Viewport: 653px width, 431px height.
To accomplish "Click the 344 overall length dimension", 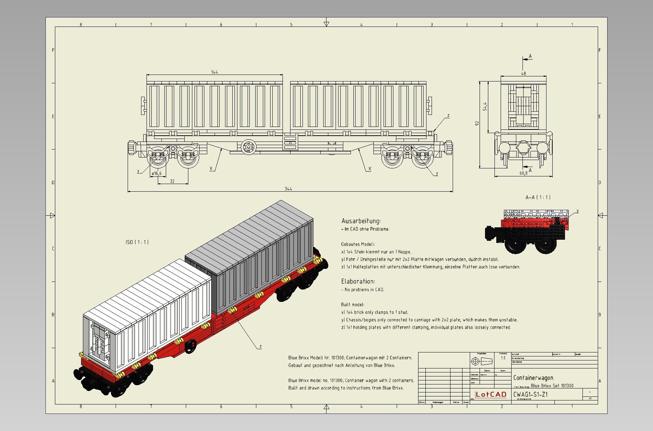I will (288, 189).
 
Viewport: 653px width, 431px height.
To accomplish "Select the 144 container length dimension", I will (215, 72).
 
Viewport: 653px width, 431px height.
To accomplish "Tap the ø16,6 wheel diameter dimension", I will (156, 173).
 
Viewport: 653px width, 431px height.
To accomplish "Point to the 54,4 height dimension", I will (485, 107).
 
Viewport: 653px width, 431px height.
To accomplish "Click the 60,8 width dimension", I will (523, 173).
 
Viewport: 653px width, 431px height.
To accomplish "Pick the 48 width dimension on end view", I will (524, 73).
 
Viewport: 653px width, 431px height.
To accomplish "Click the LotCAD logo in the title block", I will (491, 395).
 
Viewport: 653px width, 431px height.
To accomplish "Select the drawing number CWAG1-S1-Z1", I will (530, 395).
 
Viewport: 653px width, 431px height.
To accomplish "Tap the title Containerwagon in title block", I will (533, 378).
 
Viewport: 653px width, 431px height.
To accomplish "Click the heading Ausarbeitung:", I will (361, 221).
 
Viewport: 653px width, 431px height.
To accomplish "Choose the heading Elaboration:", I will (358, 281).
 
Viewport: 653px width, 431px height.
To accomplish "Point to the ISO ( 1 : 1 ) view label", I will (137, 242).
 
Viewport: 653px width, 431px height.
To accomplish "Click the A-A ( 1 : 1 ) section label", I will (538, 197).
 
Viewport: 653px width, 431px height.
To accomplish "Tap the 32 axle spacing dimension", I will (172, 181).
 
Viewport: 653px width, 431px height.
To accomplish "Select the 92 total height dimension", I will (477, 123).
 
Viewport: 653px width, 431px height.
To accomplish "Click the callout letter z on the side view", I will (448, 116).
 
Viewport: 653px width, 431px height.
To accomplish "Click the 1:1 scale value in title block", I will (503, 358).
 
